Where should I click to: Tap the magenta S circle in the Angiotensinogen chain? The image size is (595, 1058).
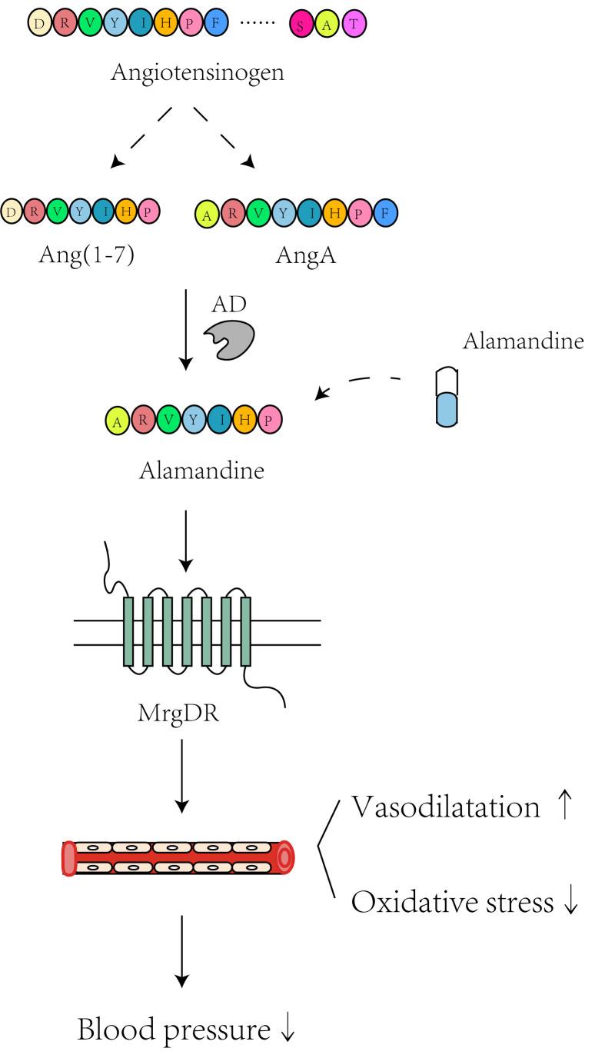pos(301,25)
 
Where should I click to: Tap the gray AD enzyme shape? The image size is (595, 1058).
pos(228,339)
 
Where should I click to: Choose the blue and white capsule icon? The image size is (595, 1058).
pos(447,395)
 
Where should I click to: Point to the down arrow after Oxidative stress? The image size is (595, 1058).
pos(570,903)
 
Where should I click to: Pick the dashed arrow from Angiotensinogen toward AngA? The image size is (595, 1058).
pos(224,138)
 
